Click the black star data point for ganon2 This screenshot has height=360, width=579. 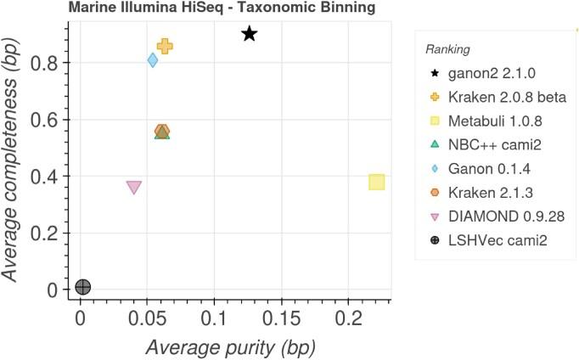(249, 34)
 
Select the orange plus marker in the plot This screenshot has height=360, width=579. (165, 47)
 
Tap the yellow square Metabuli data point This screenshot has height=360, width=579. (377, 182)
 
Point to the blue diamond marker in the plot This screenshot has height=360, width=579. (153, 60)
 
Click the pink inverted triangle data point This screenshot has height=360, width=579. (133, 187)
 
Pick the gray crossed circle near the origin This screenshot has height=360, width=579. (82, 287)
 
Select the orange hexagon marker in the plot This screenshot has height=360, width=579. (162, 131)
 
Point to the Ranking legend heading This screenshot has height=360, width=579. (451, 49)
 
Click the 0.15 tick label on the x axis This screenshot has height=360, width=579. (280, 322)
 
